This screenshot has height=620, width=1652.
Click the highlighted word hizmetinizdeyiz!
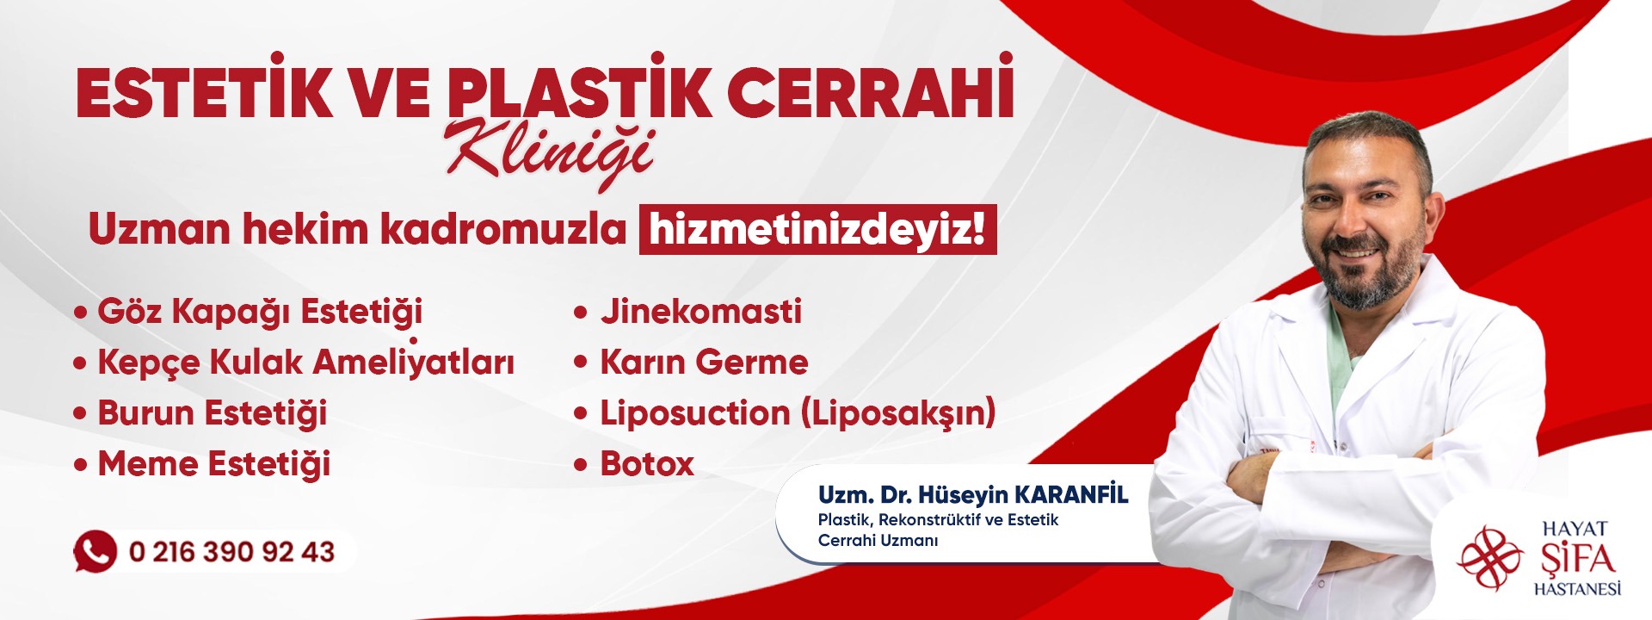click(817, 230)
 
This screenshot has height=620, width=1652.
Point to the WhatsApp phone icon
click(95, 551)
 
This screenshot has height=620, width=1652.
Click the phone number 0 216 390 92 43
click(231, 552)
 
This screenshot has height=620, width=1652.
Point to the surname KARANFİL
click(1071, 494)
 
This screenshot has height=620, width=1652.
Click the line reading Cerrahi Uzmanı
click(878, 541)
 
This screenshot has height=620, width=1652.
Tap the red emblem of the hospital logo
click(1490, 559)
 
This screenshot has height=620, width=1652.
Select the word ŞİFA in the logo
click(1576, 559)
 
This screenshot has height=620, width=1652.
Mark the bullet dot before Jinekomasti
click(581, 313)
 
